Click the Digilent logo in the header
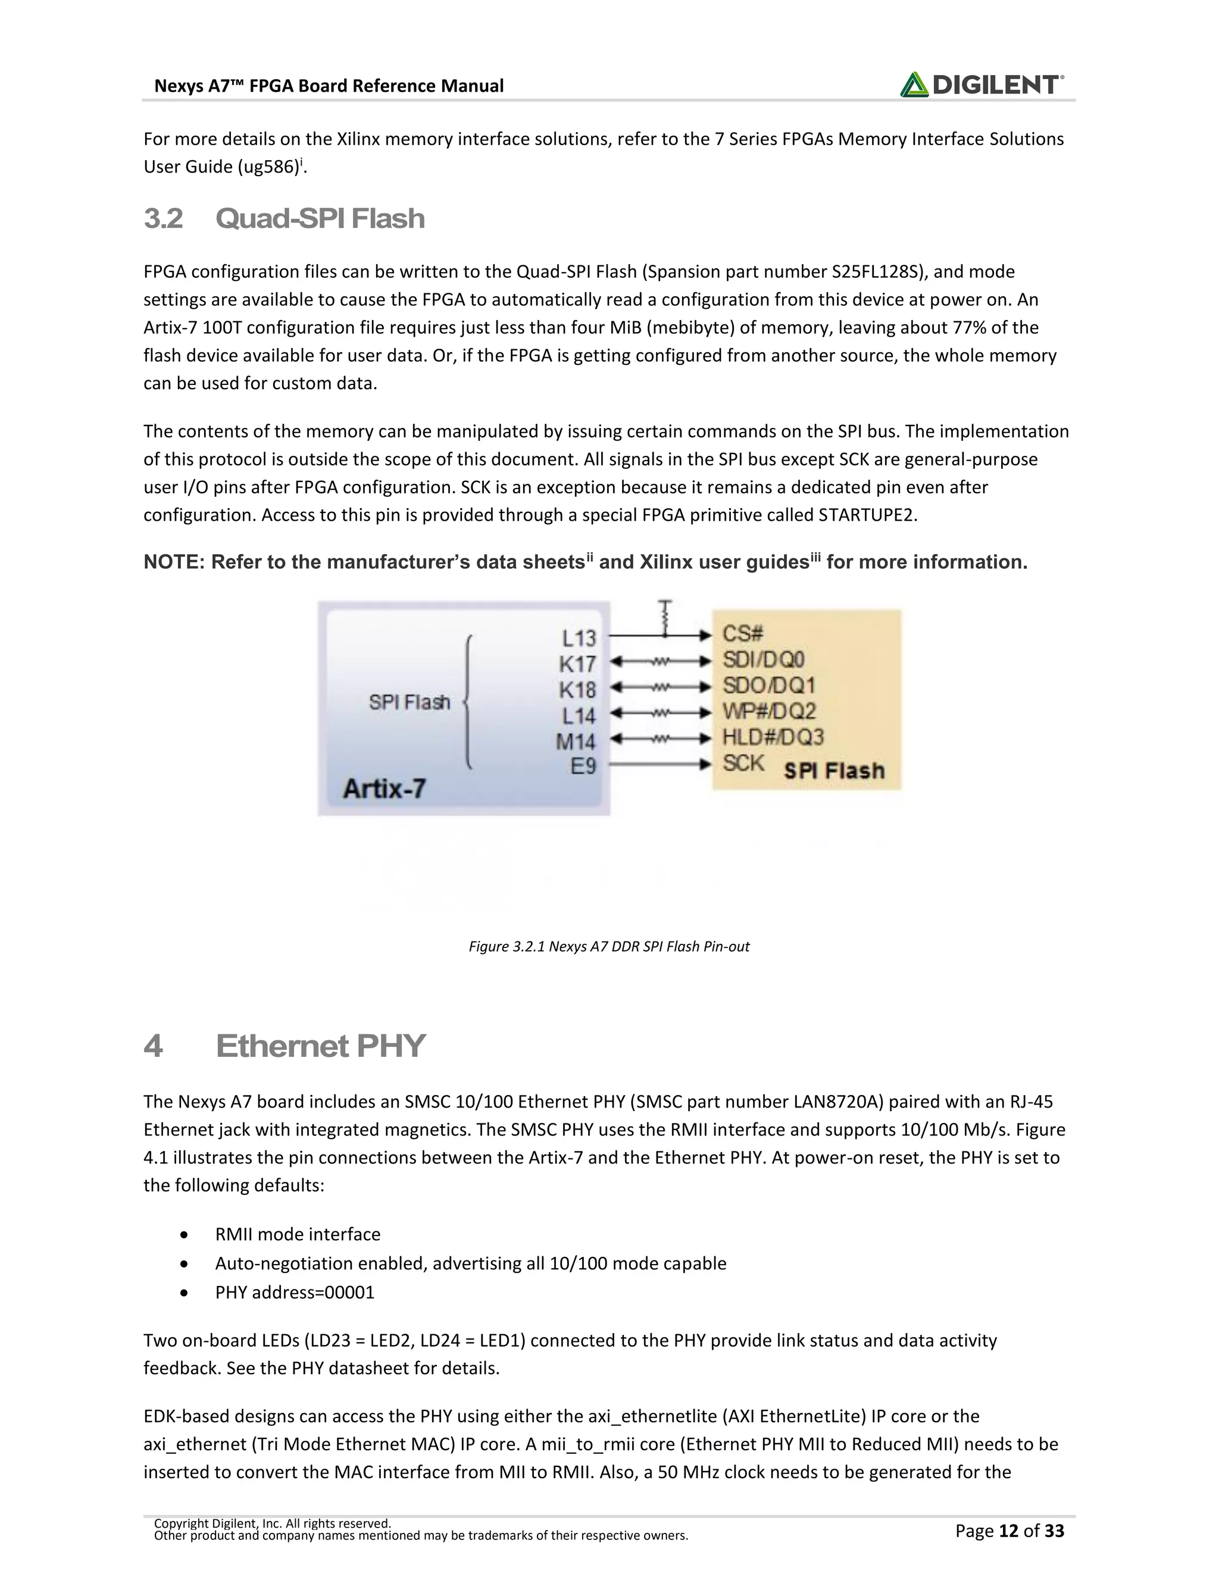coord(981,85)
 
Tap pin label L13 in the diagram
coord(579,637)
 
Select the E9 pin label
coord(583,765)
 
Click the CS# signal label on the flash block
coord(742,634)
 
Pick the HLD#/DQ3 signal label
coord(773,737)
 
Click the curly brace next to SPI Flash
coord(468,702)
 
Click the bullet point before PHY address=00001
coord(186,1293)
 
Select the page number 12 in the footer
coord(1008,1531)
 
